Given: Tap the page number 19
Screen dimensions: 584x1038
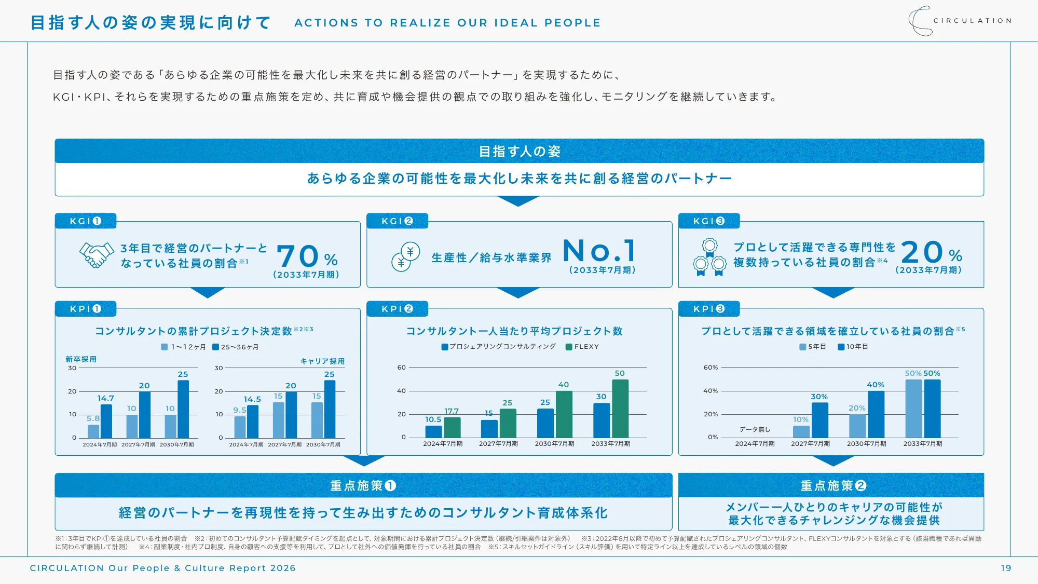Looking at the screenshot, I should click(1006, 568).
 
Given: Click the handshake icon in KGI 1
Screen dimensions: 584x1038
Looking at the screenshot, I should click(97, 254).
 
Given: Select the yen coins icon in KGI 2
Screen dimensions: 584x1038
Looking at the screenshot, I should click(405, 257).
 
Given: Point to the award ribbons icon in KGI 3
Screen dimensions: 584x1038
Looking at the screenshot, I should click(709, 257).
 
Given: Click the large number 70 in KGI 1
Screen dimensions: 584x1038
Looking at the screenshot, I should click(298, 256).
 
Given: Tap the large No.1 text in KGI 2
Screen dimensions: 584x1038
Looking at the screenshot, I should click(599, 251).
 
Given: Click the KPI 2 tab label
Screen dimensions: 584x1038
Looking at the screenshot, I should click(397, 309).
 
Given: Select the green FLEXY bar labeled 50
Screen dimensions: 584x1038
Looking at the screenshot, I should click(620, 409).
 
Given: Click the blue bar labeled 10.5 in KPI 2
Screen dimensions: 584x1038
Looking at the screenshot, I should click(433, 431).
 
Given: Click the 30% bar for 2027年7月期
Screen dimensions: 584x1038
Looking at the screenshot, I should click(820, 420).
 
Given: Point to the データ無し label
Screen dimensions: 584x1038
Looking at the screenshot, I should click(755, 429).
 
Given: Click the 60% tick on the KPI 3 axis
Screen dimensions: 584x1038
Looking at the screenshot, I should click(711, 368).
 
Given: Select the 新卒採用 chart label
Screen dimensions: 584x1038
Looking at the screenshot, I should click(81, 359).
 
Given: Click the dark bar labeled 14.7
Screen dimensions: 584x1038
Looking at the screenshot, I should click(106, 421).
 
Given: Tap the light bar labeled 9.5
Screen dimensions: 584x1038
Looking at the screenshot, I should click(240, 427).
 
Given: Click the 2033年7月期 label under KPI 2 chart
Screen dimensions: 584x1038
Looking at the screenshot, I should click(611, 444).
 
